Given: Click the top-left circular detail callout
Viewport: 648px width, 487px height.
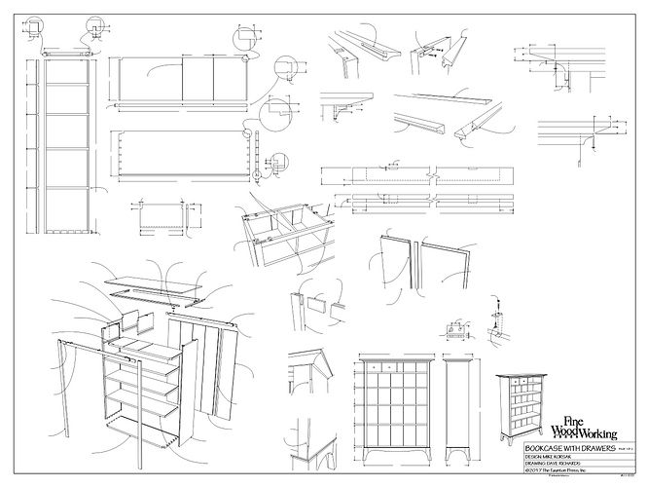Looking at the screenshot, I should pyautogui.click(x=37, y=24).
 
